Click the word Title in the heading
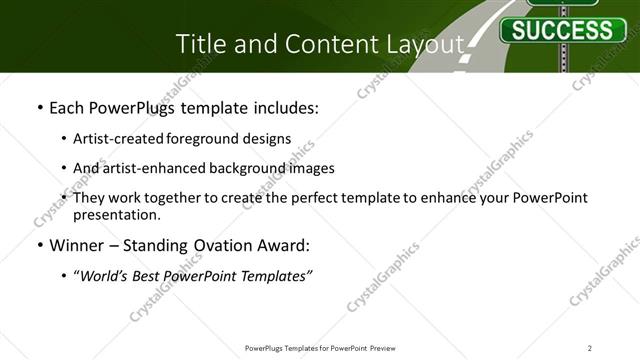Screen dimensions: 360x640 click(200, 44)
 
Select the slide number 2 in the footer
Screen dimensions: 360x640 click(590, 347)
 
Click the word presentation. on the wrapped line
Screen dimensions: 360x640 click(117, 214)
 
